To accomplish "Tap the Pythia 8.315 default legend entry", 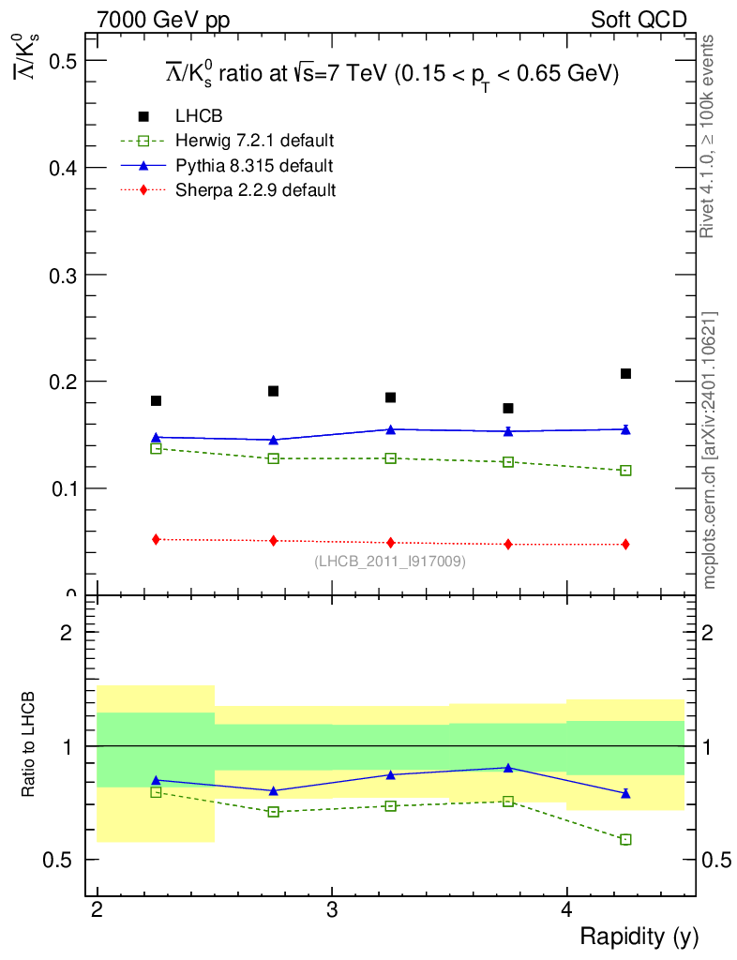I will (x=254, y=166).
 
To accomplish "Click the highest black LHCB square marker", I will (x=625, y=374).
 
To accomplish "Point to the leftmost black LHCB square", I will (x=156, y=401).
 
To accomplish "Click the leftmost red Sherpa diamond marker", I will (x=156, y=539).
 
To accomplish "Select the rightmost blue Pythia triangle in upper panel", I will (x=625, y=429).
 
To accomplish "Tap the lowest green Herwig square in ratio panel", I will (x=625, y=839).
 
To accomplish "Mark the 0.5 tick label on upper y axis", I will (x=59, y=61).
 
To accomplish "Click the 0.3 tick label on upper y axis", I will (x=59, y=275).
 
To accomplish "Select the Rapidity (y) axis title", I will (x=639, y=937).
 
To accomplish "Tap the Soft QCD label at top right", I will (x=639, y=20).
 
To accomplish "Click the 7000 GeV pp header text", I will (x=163, y=20).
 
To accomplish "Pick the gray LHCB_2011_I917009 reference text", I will (x=389, y=562).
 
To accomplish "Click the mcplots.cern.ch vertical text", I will (x=710, y=450).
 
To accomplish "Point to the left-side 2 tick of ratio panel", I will (x=67, y=633).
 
